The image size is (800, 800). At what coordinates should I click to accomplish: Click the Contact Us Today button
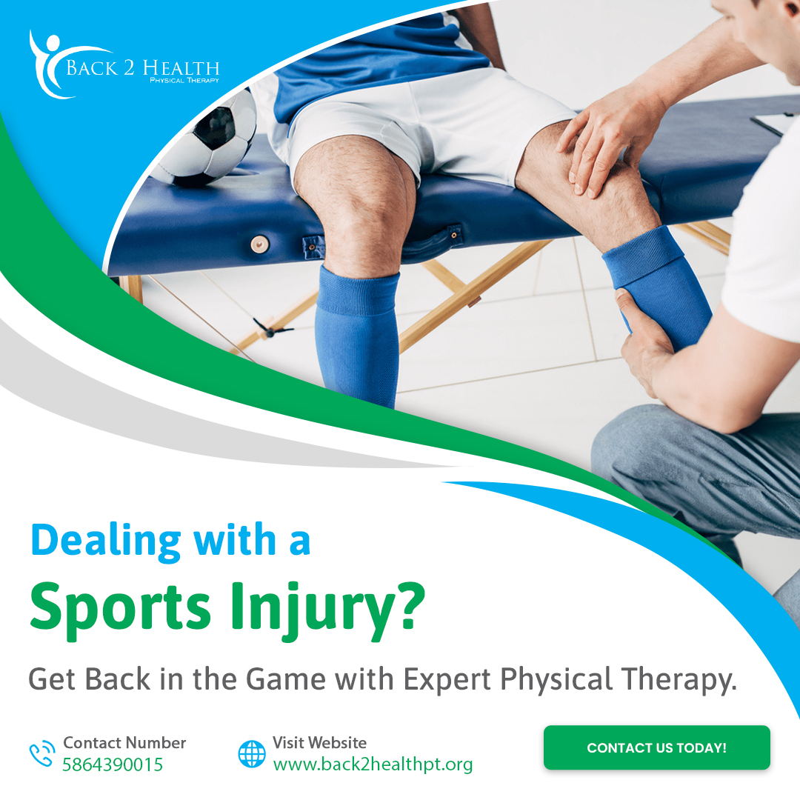[x=656, y=747]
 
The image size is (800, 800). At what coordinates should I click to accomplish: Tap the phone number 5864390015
[x=113, y=764]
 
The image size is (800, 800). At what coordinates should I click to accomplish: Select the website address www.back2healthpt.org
[x=373, y=764]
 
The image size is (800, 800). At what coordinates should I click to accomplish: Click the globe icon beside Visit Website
[x=252, y=754]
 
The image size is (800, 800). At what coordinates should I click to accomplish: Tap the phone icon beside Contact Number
[x=42, y=754]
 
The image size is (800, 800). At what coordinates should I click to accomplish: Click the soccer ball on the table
[x=211, y=141]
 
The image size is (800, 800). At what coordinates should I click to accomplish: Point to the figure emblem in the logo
[x=47, y=63]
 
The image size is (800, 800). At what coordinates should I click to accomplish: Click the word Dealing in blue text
[x=105, y=540]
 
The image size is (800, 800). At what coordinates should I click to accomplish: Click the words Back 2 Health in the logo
[x=142, y=69]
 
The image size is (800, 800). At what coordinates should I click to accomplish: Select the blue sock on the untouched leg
[x=357, y=333]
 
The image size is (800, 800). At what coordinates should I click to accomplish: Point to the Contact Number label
[x=124, y=742]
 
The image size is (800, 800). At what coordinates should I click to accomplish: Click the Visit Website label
[x=319, y=742]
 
